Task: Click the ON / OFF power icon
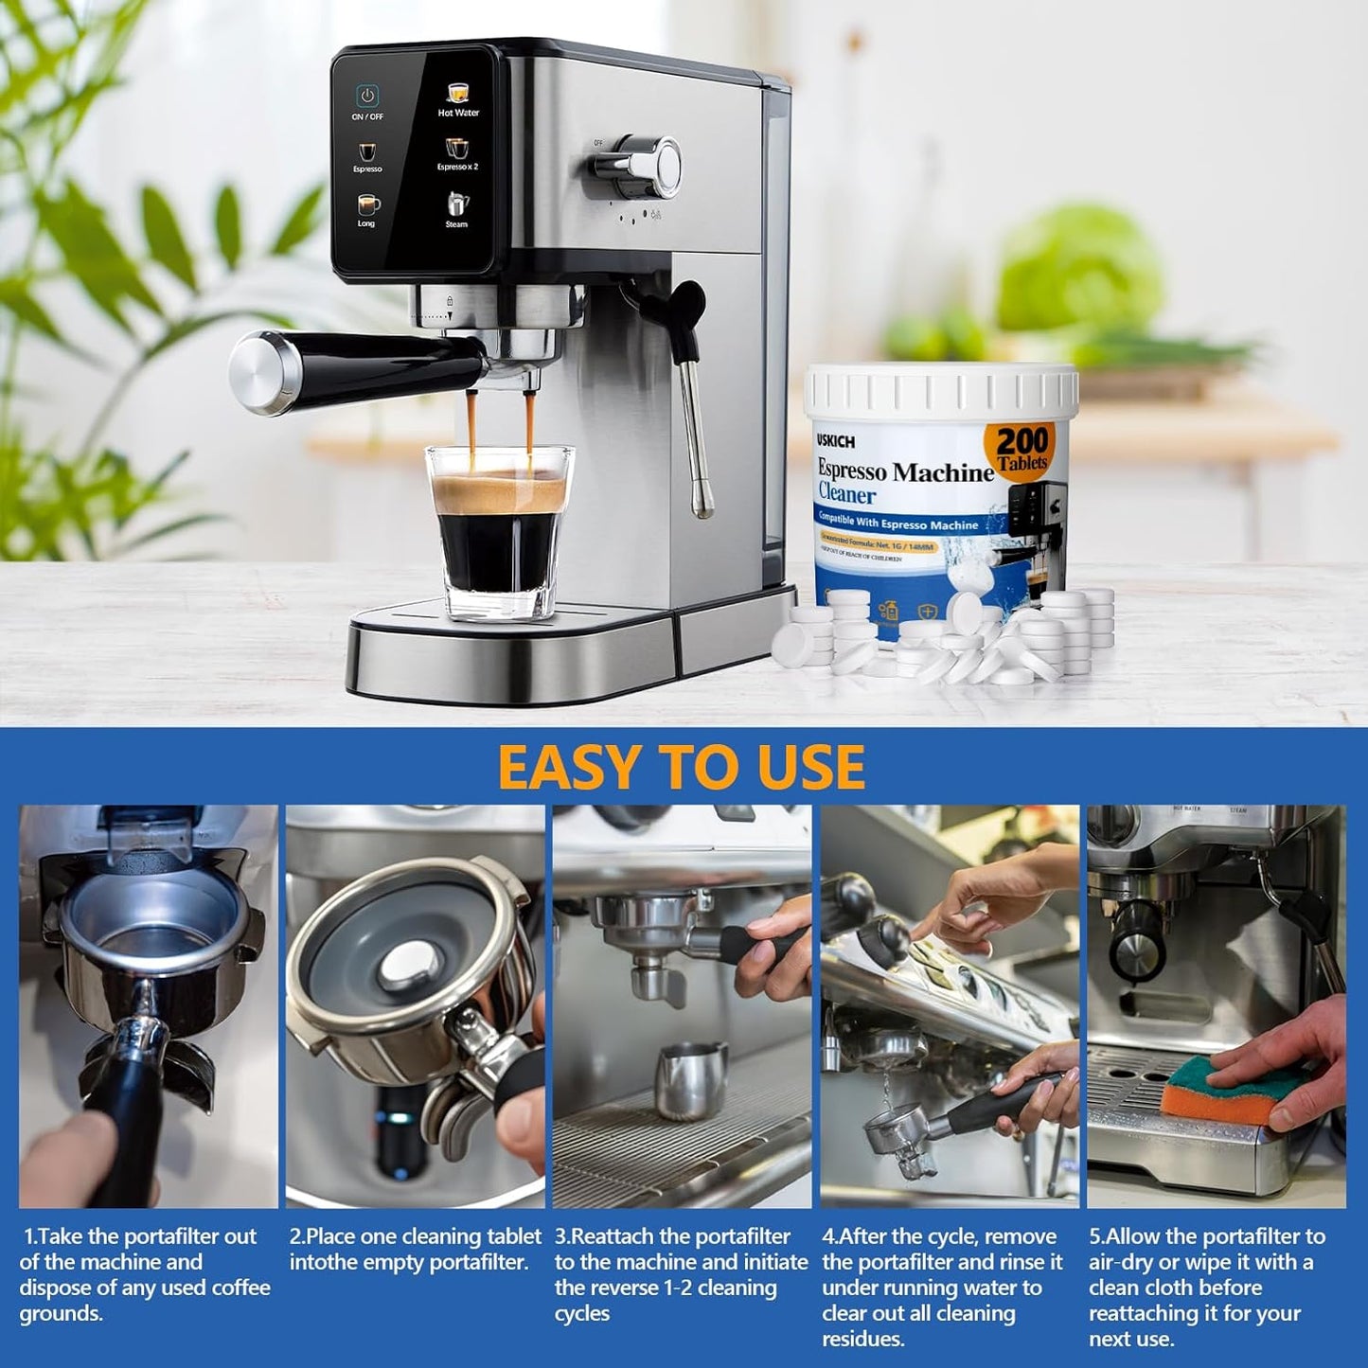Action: [367, 97]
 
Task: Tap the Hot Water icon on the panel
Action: [458, 95]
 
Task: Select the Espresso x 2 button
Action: [457, 150]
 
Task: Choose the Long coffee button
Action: [367, 205]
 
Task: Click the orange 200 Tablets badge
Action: [1022, 446]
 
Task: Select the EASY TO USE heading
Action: [682, 767]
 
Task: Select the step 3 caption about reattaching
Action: [681, 1274]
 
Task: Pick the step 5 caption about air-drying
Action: [1207, 1287]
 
